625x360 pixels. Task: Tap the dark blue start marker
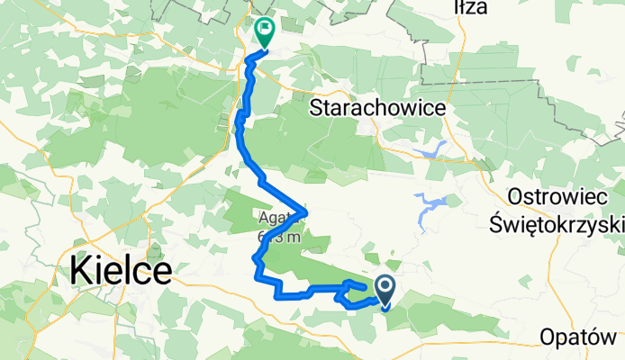tap(385, 289)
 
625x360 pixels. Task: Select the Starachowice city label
tap(378, 107)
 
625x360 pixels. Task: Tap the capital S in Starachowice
tap(317, 107)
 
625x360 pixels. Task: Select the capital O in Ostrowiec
tap(517, 195)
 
